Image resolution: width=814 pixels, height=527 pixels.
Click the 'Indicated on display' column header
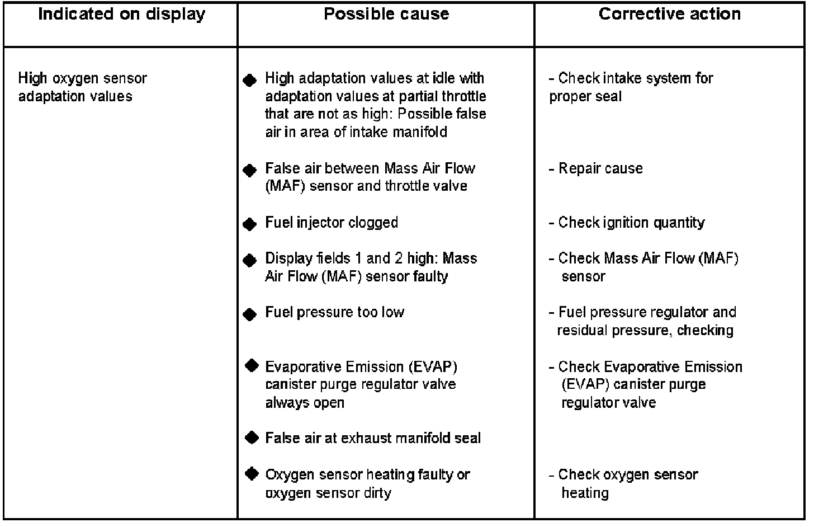tap(121, 15)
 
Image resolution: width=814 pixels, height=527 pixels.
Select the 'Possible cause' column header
tap(386, 15)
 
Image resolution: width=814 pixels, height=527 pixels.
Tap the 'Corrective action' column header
tap(669, 15)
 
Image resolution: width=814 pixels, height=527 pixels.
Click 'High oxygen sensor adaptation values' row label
tap(82, 87)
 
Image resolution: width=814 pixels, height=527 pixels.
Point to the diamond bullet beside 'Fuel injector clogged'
tap(250, 224)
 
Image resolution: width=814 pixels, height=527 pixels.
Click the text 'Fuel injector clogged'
tap(332, 223)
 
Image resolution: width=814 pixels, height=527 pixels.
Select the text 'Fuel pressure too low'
tap(334, 312)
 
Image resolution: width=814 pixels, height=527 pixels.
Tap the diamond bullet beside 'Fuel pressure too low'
tap(250, 314)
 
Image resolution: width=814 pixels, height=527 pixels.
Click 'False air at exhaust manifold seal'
tap(373, 438)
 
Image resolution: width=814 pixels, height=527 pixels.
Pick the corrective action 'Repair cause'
tap(600, 168)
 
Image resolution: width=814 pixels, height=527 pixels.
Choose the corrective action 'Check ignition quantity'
tap(631, 223)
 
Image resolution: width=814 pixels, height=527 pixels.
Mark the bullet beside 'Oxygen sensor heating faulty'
tap(252, 474)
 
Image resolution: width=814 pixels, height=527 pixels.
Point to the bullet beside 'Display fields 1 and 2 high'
tap(250, 260)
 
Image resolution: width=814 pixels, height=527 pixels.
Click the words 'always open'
tap(305, 403)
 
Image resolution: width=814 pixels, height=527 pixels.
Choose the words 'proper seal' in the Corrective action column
tap(585, 96)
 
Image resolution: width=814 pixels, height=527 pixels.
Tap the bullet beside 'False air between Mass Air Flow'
tap(250, 170)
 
